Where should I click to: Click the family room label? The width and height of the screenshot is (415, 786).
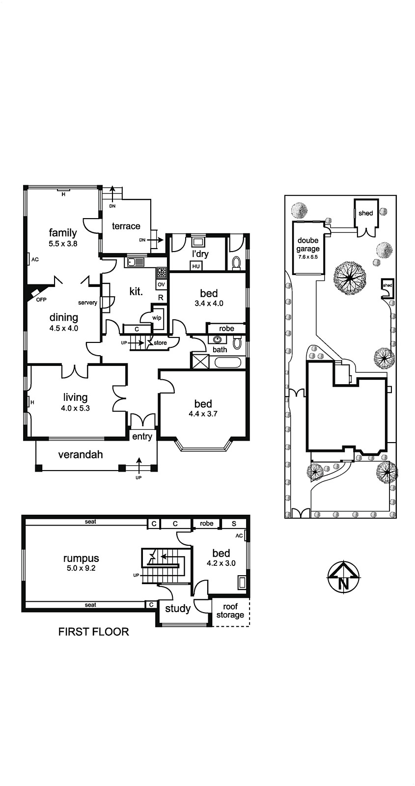[63, 233]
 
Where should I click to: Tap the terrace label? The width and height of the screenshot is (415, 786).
[126, 226]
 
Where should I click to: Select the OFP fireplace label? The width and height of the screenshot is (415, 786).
[41, 300]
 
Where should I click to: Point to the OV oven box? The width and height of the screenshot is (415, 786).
[161, 284]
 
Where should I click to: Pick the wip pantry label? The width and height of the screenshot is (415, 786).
[157, 318]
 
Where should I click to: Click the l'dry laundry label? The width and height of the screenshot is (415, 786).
[200, 253]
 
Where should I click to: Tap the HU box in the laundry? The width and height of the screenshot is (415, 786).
[196, 266]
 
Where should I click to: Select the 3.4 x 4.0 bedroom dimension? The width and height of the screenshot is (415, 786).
[209, 303]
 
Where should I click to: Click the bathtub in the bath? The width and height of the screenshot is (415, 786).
[228, 362]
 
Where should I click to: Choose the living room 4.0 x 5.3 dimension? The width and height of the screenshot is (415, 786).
[75, 408]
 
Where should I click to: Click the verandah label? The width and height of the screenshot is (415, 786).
[81, 455]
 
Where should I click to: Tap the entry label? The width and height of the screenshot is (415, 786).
[142, 437]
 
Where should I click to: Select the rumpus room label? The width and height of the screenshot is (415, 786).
[81, 558]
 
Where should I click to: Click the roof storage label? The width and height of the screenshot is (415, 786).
[230, 611]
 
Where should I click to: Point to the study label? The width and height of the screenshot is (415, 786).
[178, 609]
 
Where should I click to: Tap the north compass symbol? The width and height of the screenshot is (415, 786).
[344, 577]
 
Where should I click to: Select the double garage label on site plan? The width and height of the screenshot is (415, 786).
[308, 245]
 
